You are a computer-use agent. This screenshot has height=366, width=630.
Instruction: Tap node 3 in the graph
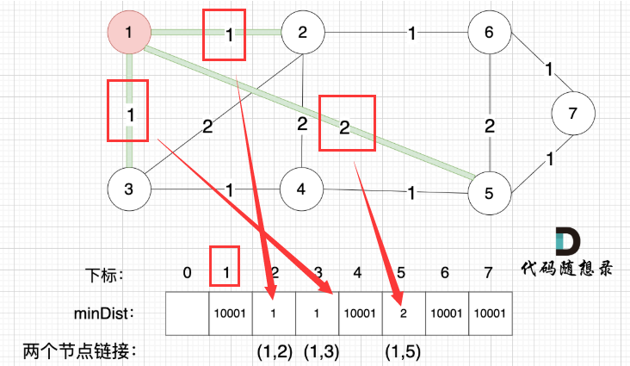pyautogui.click(x=128, y=188)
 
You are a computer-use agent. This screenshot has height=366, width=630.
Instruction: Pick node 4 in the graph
pyautogui.click(x=302, y=188)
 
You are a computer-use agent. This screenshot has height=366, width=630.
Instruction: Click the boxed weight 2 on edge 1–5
pyautogui.click(x=344, y=128)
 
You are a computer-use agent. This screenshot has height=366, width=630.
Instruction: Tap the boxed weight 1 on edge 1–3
pyautogui.click(x=128, y=112)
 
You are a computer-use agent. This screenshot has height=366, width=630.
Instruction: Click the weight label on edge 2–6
pyautogui.click(x=412, y=34)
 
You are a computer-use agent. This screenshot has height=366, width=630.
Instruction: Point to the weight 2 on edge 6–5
pyautogui.click(x=489, y=127)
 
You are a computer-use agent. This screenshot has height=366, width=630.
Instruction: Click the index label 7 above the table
pyautogui.click(x=489, y=273)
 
